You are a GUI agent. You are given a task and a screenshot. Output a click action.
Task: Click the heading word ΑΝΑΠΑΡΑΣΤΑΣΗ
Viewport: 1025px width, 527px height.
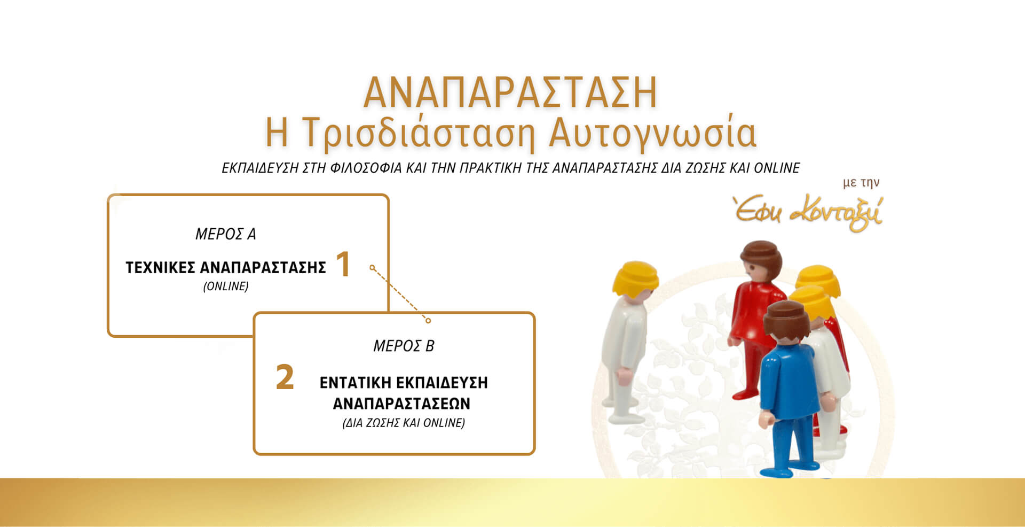(x=510, y=92)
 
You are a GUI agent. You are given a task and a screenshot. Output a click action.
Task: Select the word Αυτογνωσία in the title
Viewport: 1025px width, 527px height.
(x=653, y=133)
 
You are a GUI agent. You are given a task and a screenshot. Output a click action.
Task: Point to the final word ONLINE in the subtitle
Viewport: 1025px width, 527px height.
(x=776, y=168)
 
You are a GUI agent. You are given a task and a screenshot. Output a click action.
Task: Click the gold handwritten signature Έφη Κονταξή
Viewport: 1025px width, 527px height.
(x=808, y=213)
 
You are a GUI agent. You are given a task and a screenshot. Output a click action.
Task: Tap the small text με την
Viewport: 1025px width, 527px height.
(x=861, y=183)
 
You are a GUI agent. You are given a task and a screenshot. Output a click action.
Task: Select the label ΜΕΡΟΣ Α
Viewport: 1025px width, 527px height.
(x=225, y=234)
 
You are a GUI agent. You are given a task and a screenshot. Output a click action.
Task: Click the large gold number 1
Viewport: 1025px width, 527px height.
(x=343, y=264)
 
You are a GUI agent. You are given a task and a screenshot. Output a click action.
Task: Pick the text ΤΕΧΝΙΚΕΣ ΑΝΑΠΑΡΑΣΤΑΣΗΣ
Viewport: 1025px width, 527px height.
(x=226, y=267)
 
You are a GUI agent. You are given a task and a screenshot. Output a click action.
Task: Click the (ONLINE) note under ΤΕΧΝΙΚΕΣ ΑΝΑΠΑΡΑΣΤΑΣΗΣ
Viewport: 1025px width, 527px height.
(x=226, y=286)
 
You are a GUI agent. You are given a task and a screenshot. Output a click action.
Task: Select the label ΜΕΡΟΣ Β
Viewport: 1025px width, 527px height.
(x=404, y=346)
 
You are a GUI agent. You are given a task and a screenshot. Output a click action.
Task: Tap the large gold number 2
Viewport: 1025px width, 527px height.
(x=285, y=377)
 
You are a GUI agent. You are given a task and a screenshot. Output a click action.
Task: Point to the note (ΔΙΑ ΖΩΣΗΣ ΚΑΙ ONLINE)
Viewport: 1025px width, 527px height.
(x=404, y=423)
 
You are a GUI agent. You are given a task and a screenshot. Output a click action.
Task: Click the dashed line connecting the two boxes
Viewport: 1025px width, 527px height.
(x=400, y=294)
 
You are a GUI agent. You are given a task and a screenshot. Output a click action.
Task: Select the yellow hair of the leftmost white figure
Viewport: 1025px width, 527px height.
(x=635, y=276)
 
